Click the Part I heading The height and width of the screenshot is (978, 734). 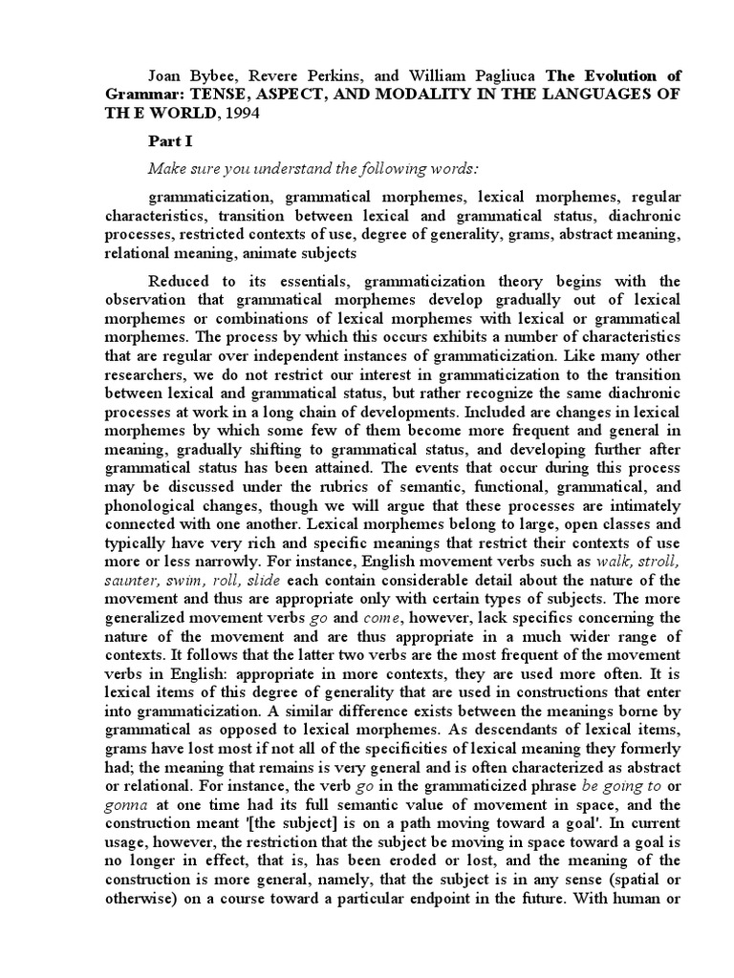(168, 140)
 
